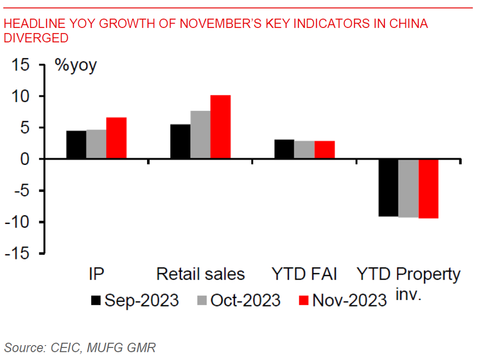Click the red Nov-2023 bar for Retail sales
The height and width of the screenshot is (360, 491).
click(221, 127)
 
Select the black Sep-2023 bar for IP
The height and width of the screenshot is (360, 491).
click(76, 145)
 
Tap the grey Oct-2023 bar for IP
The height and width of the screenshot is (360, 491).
click(96, 144)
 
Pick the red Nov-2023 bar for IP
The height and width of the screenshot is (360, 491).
click(116, 138)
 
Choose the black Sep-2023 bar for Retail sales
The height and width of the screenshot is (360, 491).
click(180, 142)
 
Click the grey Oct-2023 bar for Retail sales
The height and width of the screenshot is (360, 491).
click(200, 135)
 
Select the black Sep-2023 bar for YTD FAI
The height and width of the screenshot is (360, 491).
click(284, 149)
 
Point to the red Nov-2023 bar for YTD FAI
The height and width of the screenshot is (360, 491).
click(324, 150)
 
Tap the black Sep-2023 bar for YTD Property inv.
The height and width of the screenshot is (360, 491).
click(388, 187)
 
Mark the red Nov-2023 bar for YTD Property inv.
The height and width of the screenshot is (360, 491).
click(428, 188)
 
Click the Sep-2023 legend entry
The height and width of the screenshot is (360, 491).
click(135, 300)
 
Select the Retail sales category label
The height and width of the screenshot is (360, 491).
click(201, 274)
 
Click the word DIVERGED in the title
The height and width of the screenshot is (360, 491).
click(36, 38)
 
